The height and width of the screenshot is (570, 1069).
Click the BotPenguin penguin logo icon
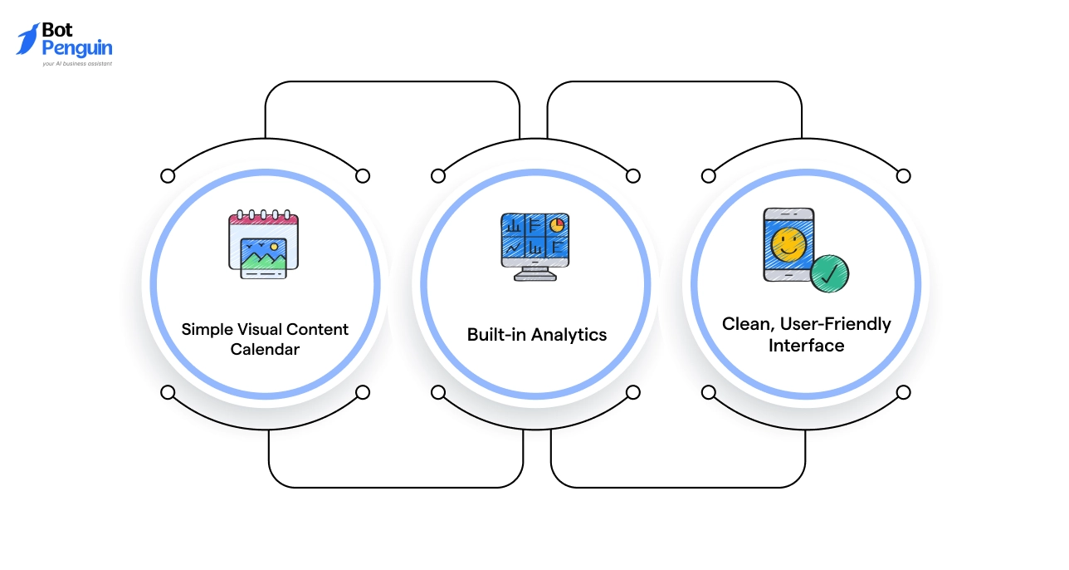[27, 39]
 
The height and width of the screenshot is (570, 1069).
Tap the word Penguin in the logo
[76, 48]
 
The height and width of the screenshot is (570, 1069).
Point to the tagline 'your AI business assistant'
[77, 63]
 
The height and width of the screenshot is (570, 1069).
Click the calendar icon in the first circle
[263, 244]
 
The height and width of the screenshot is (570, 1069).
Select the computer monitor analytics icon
[535, 246]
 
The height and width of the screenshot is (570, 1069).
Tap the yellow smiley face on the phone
[788, 243]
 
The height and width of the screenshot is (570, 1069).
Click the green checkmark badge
[828, 273]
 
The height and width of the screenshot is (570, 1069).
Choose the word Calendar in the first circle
[265, 350]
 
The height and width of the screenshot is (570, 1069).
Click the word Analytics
[569, 335]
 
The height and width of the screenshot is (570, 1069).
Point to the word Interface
[806, 346]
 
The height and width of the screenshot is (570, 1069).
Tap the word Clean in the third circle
[745, 324]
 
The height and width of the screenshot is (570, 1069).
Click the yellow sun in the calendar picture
[274, 247]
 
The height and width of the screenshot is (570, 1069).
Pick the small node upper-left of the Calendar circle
[168, 175]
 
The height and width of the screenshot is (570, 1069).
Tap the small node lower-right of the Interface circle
[903, 392]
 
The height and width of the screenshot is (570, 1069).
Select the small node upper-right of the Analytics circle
[632, 175]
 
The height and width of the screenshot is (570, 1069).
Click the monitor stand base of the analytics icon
[535, 277]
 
